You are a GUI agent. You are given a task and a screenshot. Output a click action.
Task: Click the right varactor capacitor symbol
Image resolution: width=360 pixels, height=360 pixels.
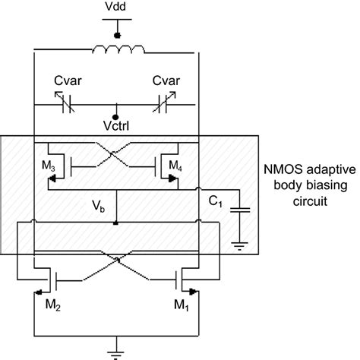[x=166, y=107]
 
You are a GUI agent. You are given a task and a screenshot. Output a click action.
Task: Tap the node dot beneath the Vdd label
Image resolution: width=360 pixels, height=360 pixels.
[x=116, y=34]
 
